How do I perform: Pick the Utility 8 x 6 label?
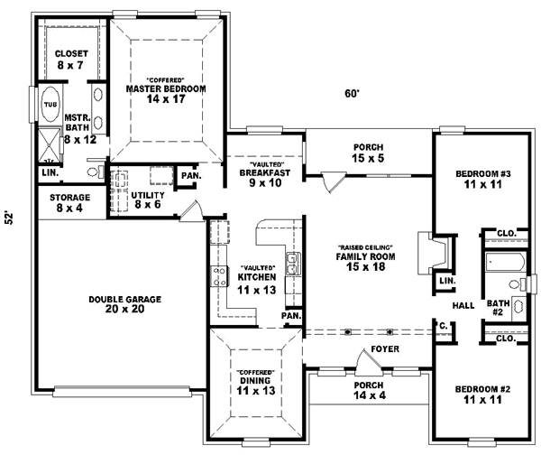[145, 200]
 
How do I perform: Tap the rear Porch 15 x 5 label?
[370, 153]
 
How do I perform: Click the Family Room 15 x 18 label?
[367, 258]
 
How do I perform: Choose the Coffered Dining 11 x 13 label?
[255, 384]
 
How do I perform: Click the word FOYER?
[385, 348]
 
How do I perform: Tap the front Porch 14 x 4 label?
[370, 390]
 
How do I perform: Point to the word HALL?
[463, 306]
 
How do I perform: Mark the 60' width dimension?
[352, 93]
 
